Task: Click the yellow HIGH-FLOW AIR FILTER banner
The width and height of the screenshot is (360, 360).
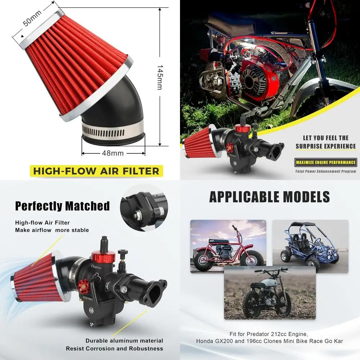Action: (96, 171)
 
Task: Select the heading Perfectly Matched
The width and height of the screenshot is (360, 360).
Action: (62, 206)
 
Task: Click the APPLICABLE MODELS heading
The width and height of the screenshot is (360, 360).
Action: (270, 197)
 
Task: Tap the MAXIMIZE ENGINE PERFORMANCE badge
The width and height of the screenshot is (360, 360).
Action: (325, 162)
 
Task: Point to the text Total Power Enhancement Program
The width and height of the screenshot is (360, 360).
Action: (325, 171)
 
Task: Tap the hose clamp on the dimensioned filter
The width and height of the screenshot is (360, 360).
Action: (112, 127)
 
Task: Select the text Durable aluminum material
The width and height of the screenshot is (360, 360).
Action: (124, 341)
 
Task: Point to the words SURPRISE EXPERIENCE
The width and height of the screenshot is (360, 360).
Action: (325, 146)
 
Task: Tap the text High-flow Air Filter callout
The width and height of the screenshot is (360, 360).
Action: (42, 223)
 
